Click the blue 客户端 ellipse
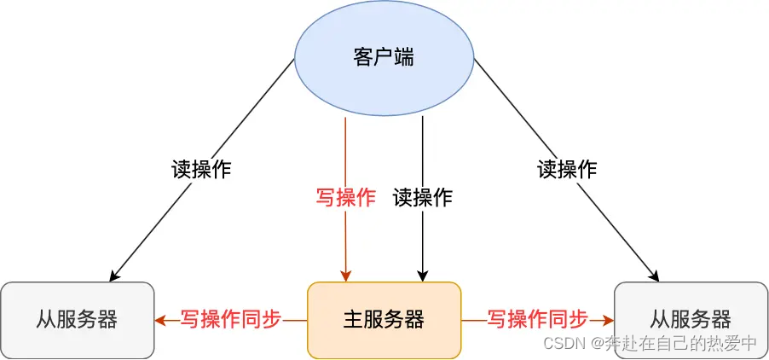click(x=384, y=58)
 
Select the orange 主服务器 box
click(x=384, y=320)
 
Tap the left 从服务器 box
click(x=77, y=320)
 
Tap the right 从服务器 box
click(x=691, y=320)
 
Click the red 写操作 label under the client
click(x=346, y=198)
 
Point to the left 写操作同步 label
click(x=230, y=320)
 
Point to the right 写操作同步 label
click(x=537, y=320)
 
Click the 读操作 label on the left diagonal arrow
click(x=201, y=168)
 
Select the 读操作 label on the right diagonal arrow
click(x=567, y=168)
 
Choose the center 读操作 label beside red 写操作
click(x=423, y=198)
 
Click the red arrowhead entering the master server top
click(x=345, y=276)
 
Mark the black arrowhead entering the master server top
click(x=422, y=276)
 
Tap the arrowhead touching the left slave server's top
click(x=113, y=276)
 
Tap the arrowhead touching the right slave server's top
click(x=655, y=276)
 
